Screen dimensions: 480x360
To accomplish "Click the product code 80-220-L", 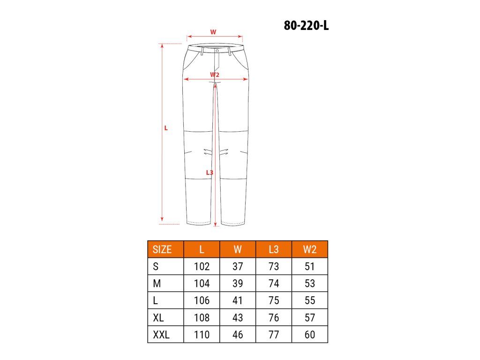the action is (x=306, y=25).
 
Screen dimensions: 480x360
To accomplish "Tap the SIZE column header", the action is (x=162, y=249).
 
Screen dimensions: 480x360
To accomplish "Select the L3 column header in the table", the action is (x=274, y=249).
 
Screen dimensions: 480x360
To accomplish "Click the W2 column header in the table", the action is (x=309, y=249).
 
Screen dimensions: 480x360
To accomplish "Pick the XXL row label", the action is (x=161, y=335).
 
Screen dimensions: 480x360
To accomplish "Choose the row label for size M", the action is (x=157, y=284).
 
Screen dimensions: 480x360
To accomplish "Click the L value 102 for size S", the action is (x=202, y=266).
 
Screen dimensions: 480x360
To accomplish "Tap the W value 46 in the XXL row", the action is (x=238, y=335).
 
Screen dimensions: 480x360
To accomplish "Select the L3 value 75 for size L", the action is (x=274, y=300).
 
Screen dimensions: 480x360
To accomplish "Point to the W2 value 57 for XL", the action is (x=310, y=317).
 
